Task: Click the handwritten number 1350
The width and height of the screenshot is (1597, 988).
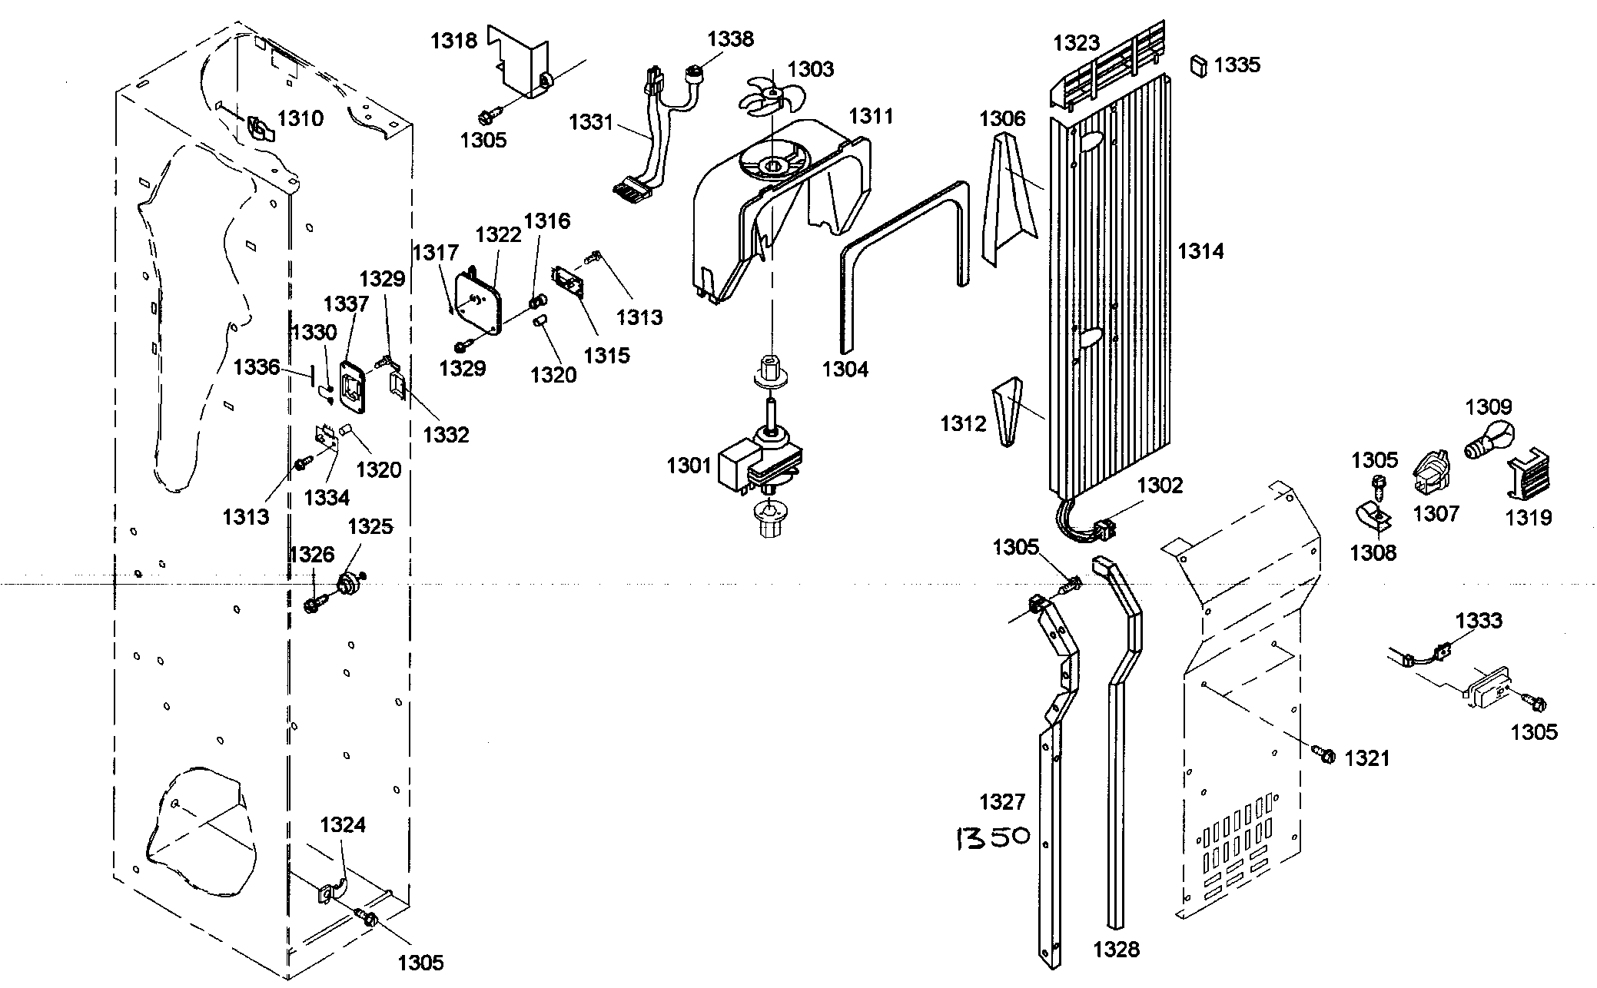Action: pyautogui.click(x=991, y=837)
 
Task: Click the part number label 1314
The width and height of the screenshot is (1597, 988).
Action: pyautogui.click(x=1200, y=251)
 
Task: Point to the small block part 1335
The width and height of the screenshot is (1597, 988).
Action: pyautogui.click(x=1198, y=65)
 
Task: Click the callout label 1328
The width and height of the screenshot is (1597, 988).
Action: pyautogui.click(x=1116, y=950)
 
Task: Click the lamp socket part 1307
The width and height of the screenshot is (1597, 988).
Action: pyautogui.click(x=1431, y=471)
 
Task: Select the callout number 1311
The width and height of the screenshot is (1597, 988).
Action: pyautogui.click(x=871, y=116)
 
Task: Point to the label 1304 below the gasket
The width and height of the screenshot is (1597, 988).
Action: pyautogui.click(x=845, y=370)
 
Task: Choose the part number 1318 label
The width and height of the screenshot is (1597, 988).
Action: pyautogui.click(x=453, y=41)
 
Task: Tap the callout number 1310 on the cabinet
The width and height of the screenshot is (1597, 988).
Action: pyautogui.click(x=300, y=118)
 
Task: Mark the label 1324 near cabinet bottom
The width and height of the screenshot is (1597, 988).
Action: pyautogui.click(x=343, y=825)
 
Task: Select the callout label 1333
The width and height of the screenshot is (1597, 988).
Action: pyautogui.click(x=1479, y=620)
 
